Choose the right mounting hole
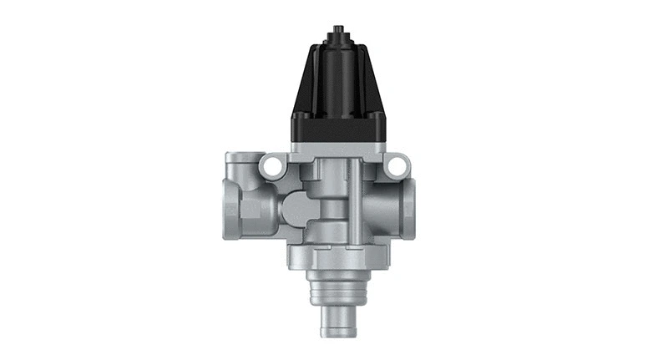(394, 168)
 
